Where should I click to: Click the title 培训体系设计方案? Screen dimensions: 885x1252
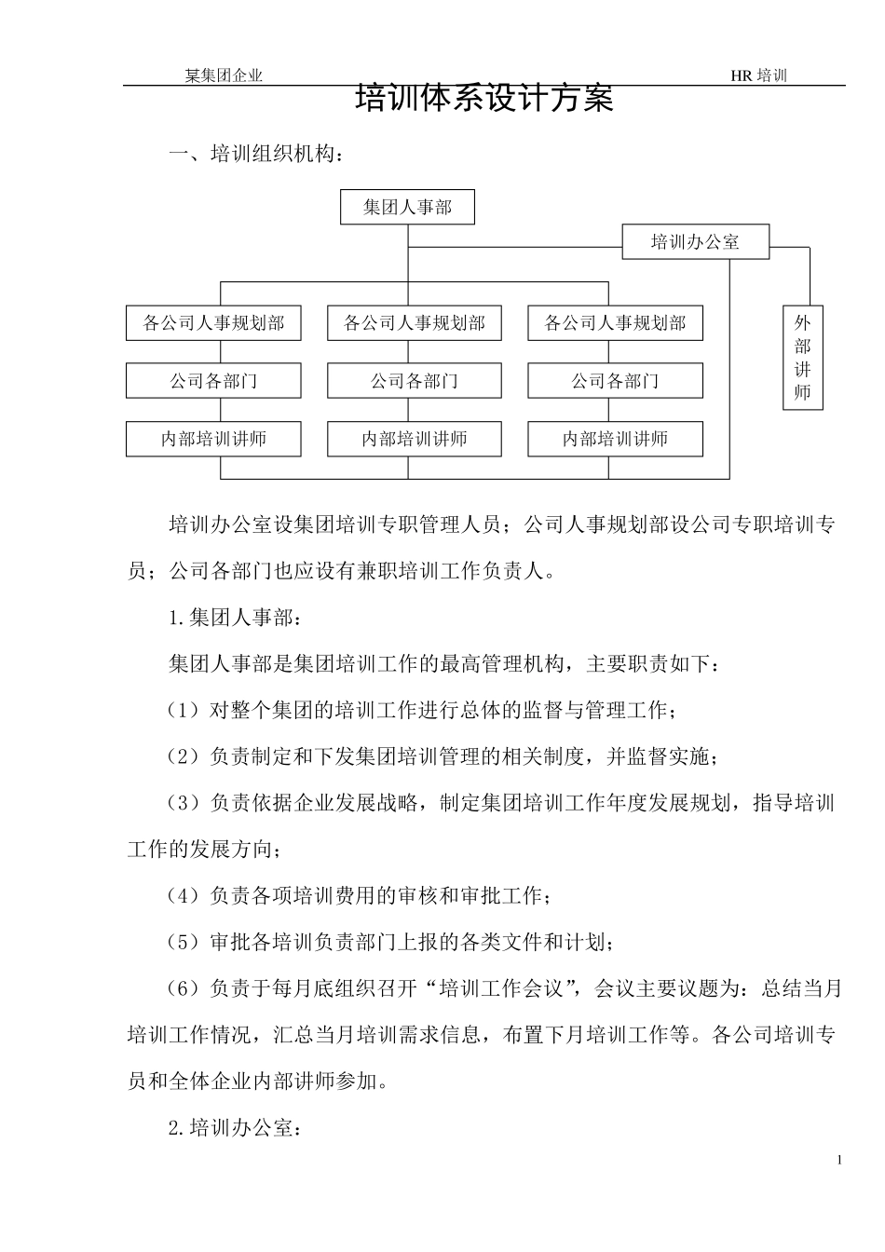[x=484, y=99]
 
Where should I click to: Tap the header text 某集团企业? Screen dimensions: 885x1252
[x=224, y=76]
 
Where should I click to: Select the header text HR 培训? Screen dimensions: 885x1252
[x=758, y=76]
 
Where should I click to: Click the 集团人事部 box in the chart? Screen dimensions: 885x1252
[x=407, y=207]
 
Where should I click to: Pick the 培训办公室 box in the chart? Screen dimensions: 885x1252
[x=695, y=242]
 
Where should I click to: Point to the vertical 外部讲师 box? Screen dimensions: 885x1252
[x=802, y=358]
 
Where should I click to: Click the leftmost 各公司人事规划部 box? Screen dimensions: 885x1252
[x=213, y=323]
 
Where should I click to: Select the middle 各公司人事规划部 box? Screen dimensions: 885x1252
[x=415, y=323]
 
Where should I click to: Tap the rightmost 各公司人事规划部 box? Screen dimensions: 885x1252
[x=615, y=323]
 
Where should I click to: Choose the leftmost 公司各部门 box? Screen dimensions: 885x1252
[x=213, y=381]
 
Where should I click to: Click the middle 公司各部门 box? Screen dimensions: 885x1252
[x=415, y=381]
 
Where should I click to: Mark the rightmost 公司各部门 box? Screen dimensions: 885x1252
[x=615, y=381]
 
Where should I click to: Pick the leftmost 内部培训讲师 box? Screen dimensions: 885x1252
[x=213, y=439]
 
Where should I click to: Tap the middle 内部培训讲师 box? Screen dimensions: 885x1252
[x=415, y=439]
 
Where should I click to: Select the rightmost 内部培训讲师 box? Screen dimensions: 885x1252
[x=615, y=439]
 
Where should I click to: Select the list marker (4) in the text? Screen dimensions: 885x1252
[x=184, y=896]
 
